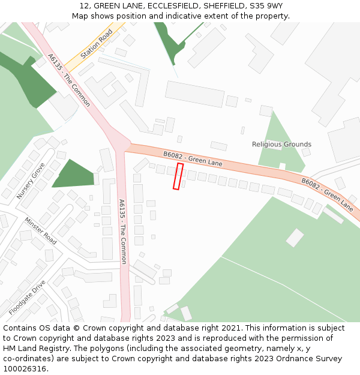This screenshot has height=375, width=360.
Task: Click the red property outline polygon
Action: coord(178,176)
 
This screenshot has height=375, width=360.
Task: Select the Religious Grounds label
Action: coord(281,144)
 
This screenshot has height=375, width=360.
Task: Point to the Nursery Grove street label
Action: coord(31,181)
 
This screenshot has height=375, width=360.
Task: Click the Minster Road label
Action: coord(41,230)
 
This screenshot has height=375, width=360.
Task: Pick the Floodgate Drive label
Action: coord(27,297)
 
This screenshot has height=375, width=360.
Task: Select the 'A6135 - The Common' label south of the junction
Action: coord(123,232)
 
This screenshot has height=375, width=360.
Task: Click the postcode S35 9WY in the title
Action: coord(267,6)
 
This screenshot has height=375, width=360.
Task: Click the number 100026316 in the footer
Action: coord(25,368)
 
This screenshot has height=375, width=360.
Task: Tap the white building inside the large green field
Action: coord(295,238)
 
